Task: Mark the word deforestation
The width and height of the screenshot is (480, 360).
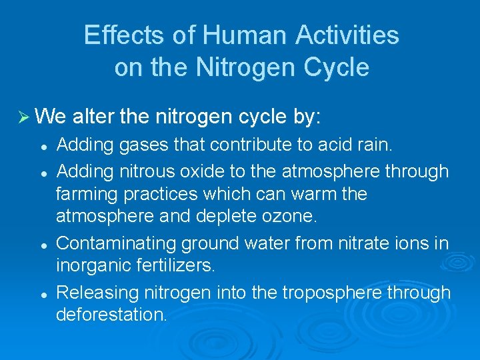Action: coord(111,315)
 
